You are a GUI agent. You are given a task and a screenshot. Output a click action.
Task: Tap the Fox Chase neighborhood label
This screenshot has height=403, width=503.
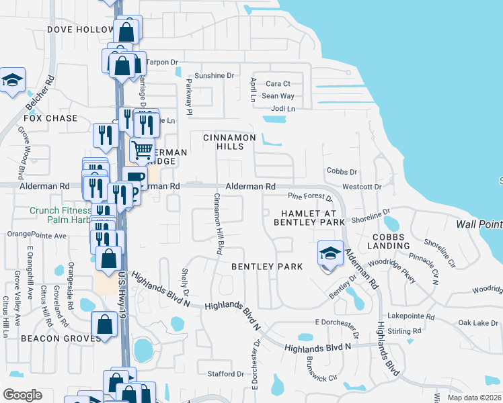tap(50, 118)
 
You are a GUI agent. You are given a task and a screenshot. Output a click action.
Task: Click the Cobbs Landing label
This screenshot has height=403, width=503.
tap(389, 240)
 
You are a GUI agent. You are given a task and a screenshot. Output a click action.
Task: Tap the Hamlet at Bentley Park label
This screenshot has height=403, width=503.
tap(309, 218)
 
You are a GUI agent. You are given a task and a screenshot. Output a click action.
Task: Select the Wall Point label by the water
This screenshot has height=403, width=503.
tap(479, 224)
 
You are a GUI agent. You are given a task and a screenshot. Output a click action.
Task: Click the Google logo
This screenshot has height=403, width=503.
tap(22, 395)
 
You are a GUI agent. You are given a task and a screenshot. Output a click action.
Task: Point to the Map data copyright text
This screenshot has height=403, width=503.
tap(474, 398)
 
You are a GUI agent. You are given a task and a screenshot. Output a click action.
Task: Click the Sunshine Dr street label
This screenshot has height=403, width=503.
tap(213, 76)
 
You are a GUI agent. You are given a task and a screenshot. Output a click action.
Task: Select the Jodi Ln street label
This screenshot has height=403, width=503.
tap(282, 109)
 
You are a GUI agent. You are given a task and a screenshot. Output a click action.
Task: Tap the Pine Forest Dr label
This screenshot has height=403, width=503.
tap(310, 197)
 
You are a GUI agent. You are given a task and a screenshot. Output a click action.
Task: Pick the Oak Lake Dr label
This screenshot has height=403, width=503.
tap(478, 323)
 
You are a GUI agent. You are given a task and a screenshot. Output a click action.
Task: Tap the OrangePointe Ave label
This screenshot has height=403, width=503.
tap(37, 236)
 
